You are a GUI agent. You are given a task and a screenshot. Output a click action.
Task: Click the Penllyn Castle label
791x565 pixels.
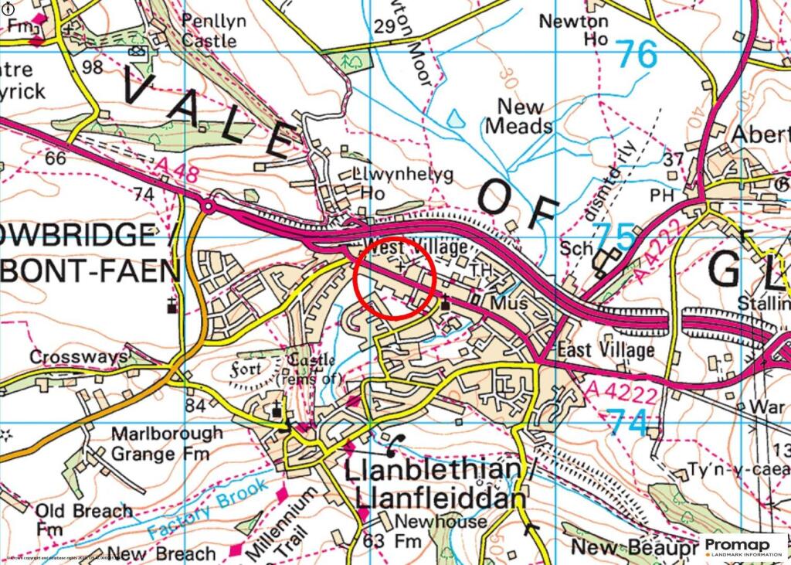coord(213,29)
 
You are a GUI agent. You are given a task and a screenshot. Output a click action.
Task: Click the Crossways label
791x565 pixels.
coord(78,357)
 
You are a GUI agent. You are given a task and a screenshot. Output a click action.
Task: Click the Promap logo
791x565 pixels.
coord(742,546)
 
